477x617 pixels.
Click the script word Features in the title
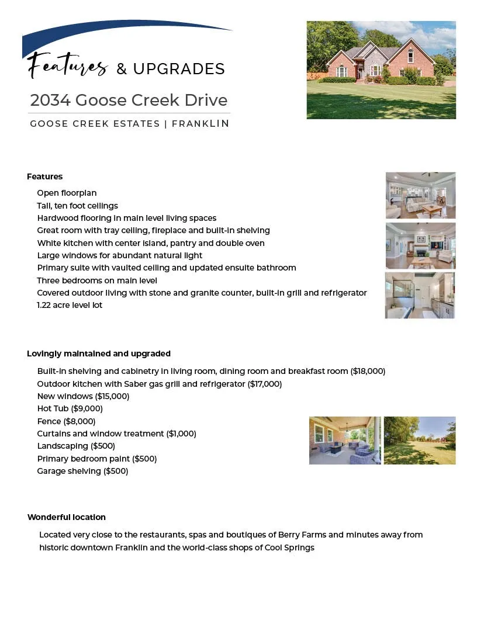(67, 65)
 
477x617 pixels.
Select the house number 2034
(50, 100)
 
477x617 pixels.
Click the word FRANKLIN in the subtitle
(201, 124)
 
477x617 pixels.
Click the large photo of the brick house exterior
(381, 70)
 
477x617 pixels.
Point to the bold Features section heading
(44, 176)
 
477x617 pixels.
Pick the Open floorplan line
(67, 193)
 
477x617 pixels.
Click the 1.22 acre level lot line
(70, 305)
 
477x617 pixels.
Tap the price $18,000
(368, 371)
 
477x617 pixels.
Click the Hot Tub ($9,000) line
(70, 408)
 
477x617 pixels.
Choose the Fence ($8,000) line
(66, 421)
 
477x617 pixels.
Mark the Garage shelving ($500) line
(82, 471)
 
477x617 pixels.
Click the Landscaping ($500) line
(76, 446)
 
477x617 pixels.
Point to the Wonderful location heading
(67, 517)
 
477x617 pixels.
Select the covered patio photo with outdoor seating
(345, 441)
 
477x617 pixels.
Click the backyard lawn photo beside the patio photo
(420, 441)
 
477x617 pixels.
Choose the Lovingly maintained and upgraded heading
(99, 353)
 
